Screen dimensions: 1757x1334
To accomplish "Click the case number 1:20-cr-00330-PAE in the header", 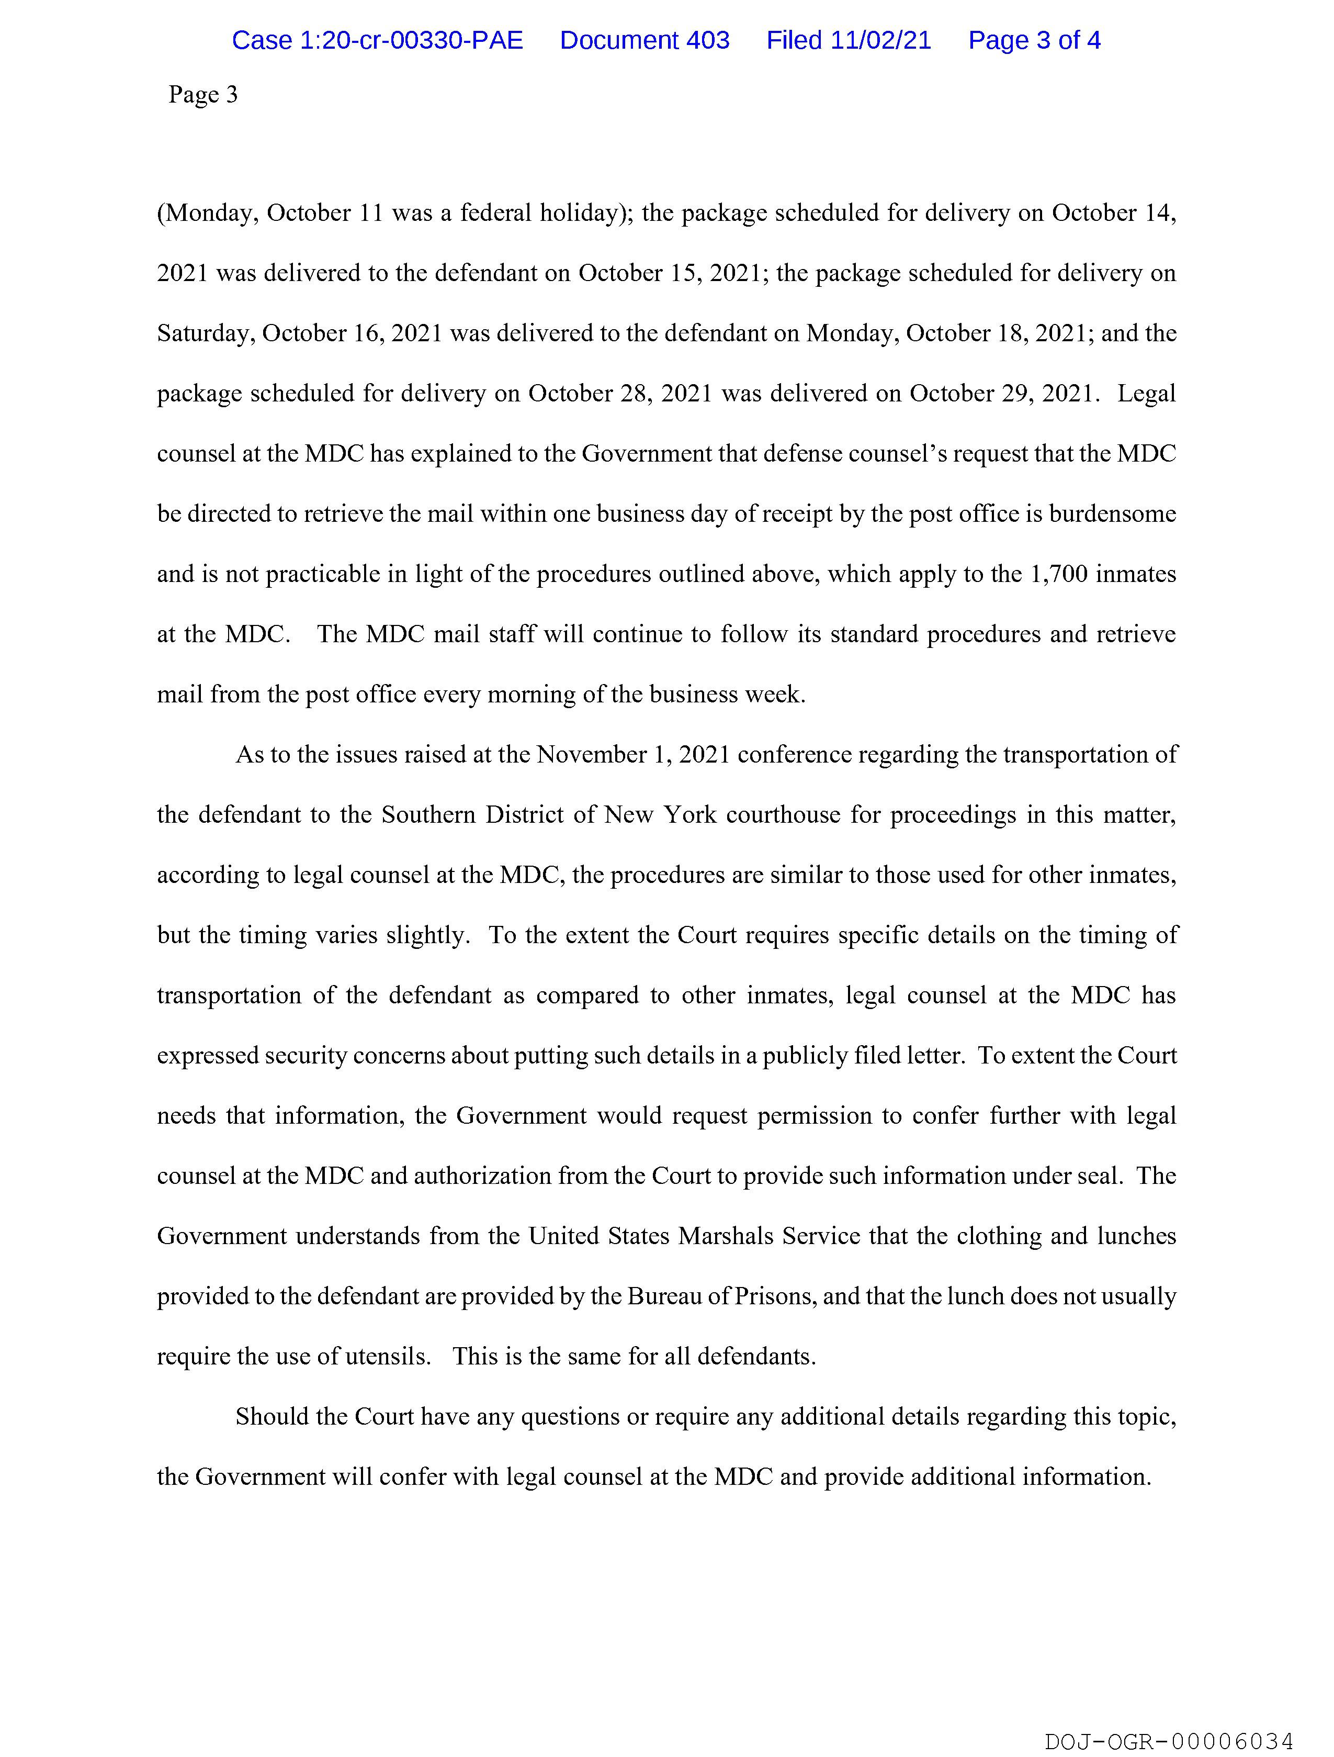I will (x=377, y=40).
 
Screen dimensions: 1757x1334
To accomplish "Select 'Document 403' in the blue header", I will (x=644, y=40).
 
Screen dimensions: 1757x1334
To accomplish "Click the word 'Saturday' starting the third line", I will (x=206, y=333).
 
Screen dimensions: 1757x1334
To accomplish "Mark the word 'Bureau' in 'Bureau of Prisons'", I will (x=664, y=1296).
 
